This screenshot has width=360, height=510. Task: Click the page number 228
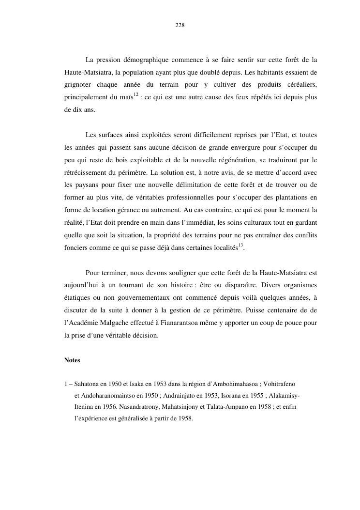[180, 25]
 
